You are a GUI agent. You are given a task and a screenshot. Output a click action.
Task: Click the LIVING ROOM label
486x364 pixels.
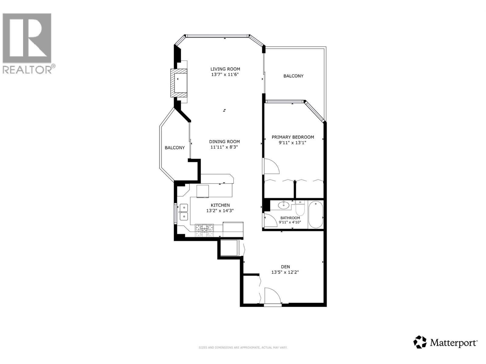(225, 69)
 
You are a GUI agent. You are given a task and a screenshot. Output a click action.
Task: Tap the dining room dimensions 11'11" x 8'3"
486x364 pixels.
(224, 147)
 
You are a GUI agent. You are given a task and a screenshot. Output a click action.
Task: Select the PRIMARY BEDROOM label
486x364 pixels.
(293, 137)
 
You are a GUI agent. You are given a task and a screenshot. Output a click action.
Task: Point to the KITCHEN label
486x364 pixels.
(220, 205)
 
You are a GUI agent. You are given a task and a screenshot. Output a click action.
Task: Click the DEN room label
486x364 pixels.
(285, 267)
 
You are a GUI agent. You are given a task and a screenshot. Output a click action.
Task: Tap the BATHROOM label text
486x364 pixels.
(290, 218)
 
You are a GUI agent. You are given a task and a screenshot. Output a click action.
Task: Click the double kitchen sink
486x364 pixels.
(183, 212)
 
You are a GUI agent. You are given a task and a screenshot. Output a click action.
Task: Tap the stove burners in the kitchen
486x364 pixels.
(204, 230)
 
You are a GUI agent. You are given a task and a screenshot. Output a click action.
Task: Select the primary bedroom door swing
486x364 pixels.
(271, 166)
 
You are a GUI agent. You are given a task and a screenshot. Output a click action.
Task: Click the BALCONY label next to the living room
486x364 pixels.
(293, 76)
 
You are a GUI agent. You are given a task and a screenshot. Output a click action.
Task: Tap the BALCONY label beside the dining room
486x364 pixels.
(175, 148)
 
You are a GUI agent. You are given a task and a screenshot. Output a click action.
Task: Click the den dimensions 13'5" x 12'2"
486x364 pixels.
(285, 272)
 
